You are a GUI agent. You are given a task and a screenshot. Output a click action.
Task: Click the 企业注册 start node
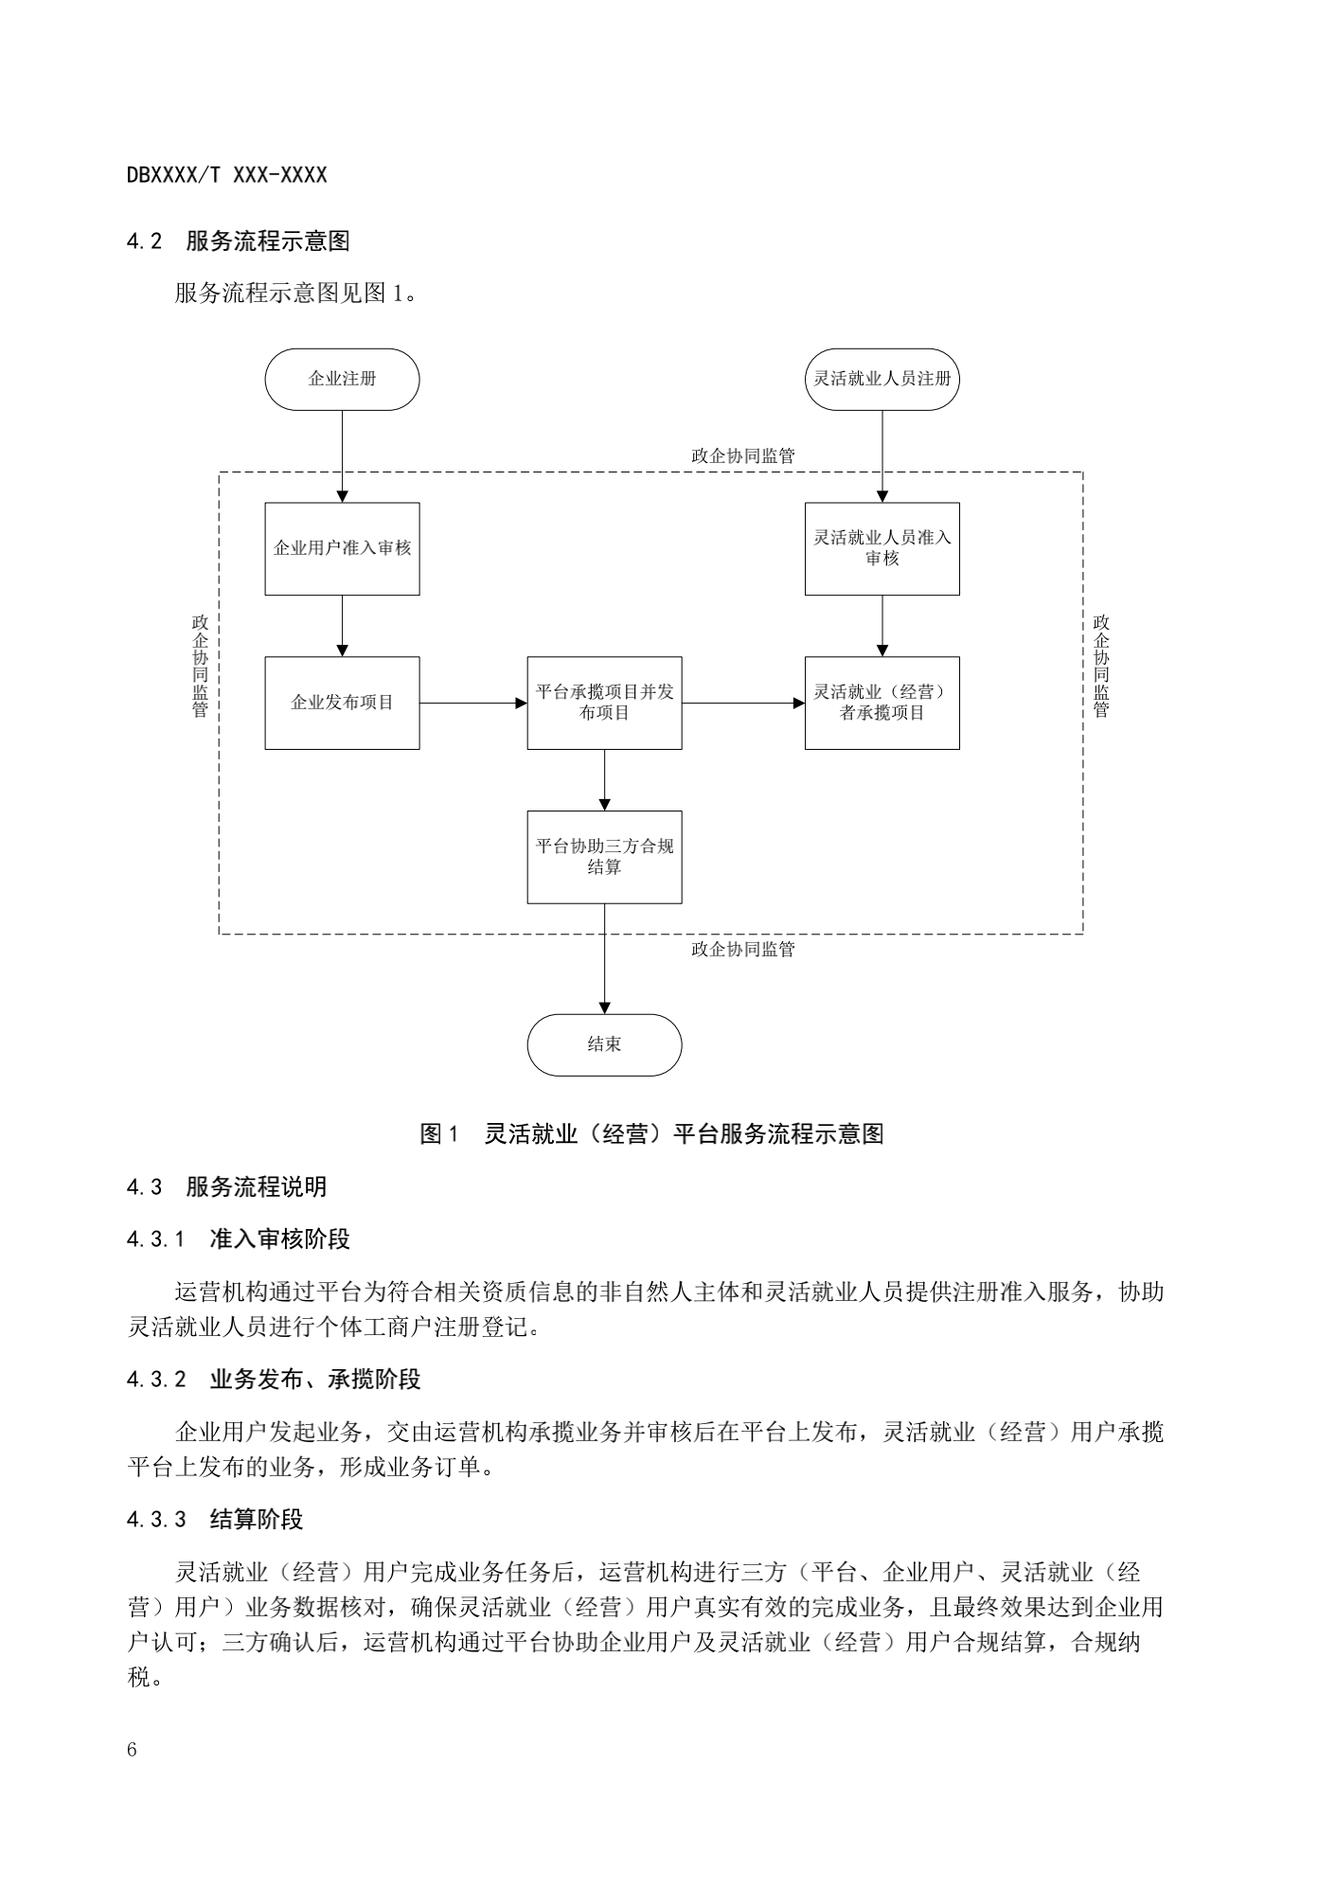(342, 379)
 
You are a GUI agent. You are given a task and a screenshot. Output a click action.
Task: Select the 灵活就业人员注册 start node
(882, 379)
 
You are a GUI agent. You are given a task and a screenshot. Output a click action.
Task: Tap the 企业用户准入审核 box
(342, 548)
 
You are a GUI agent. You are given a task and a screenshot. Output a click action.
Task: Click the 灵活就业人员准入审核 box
(882, 548)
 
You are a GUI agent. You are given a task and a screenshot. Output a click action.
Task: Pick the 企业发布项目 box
(342, 703)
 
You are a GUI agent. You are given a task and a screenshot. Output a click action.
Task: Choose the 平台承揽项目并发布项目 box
(604, 703)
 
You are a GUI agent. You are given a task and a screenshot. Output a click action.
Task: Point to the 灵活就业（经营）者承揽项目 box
(882, 703)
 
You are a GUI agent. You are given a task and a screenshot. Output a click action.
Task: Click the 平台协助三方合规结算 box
(604, 857)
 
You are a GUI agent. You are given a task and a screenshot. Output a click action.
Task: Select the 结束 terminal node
(604, 1044)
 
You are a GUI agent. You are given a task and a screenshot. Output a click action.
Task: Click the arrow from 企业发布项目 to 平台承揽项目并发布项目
(473, 703)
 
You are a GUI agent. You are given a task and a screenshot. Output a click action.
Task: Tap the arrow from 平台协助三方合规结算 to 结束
(604, 958)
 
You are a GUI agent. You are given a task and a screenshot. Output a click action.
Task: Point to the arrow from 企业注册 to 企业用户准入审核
(342, 456)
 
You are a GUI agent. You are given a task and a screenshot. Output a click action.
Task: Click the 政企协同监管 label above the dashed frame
(743, 455)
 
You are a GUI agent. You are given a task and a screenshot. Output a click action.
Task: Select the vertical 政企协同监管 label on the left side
(200, 666)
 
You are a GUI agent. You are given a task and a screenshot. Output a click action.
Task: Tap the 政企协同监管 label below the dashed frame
(743, 949)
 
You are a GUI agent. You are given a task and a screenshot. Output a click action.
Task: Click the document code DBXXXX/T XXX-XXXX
(226, 175)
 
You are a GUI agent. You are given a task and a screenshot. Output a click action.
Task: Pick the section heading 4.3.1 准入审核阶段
(239, 1239)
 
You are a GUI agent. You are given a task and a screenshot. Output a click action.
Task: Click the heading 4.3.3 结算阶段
(215, 1520)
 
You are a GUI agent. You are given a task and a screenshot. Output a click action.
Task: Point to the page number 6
(132, 1750)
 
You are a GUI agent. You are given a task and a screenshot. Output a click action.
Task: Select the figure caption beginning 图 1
(651, 1133)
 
